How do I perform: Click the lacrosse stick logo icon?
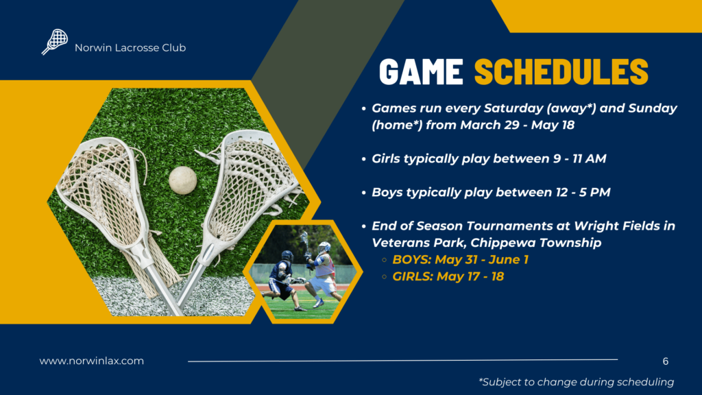pos(55,42)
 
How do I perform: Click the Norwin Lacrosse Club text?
pos(130,48)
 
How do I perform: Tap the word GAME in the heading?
pos(421,71)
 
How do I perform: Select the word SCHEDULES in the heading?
pos(561,71)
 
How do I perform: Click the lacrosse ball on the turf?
pos(182,180)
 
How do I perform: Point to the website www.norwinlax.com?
pos(92,361)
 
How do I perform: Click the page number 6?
pos(666,361)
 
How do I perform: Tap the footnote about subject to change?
pos(576,382)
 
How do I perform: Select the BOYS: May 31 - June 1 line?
pos(460,260)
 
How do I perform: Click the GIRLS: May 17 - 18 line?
pos(448,276)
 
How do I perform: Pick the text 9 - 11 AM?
pos(579,158)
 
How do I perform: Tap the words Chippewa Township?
pos(536,243)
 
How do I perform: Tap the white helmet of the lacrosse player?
pos(324,247)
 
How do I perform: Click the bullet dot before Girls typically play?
pos(363,159)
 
